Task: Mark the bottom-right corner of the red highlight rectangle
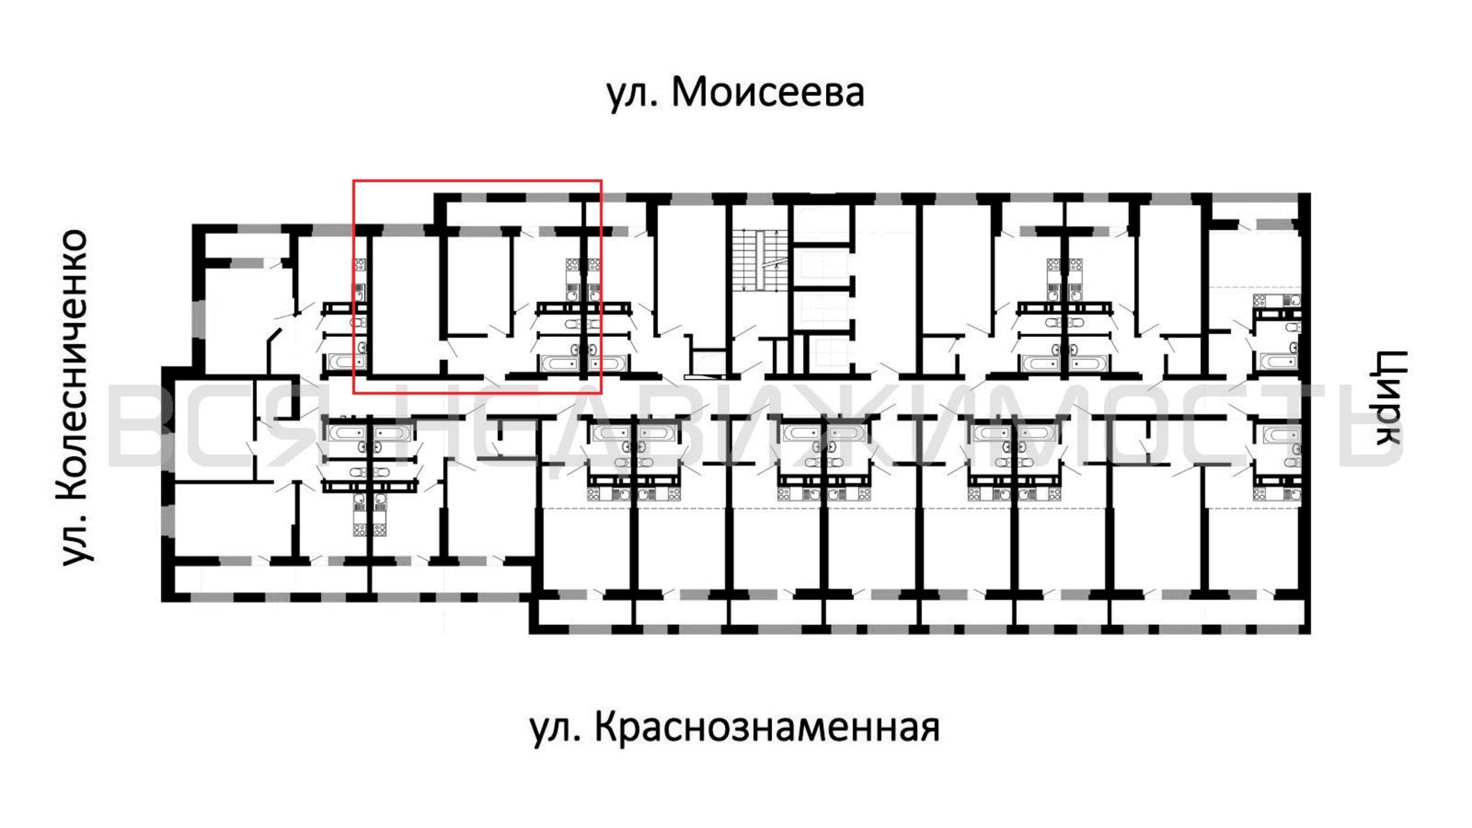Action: pyautogui.click(x=601, y=393)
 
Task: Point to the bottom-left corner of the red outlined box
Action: pyautogui.click(x=354, y=393)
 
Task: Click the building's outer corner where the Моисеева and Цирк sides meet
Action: pyautogui.click(x=1310, y=194)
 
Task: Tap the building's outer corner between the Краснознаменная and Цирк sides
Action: pyautogui.click(x=1310, y=633)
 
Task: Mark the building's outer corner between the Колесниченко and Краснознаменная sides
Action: pyautogui.click(x=162, y=601)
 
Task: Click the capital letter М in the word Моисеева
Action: pyautogui.click(x=688, y=93)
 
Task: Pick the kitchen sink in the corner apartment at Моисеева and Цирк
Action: pyautogui.click(x=1290, y=300)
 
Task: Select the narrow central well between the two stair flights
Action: pyautogui.click(x=757, y=260)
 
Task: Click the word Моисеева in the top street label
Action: pyautogui.click(x=767, y=93)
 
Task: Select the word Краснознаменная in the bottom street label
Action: pyautogui.click(x=767, y=727)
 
